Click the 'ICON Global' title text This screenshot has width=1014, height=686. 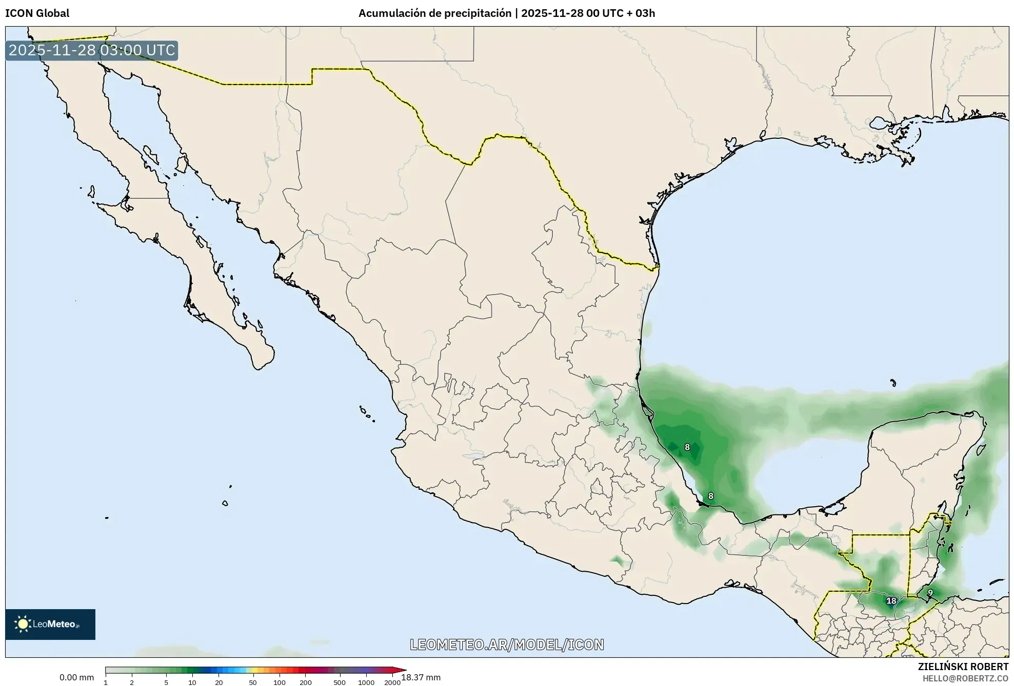tap(37, 13)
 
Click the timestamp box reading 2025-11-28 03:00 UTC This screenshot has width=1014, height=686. tap(92, 50)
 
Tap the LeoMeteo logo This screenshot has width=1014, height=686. tap(50, 624)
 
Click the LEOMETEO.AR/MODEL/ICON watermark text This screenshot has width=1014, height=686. tap(507, 645)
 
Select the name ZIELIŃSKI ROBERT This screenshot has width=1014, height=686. tap(963, 667)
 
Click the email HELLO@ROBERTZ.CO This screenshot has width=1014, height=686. tap(965, 678)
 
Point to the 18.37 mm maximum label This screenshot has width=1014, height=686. tap(421, 677)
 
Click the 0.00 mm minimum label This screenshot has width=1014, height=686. tap(76, 677)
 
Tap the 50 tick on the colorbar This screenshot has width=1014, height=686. tap(252, 682)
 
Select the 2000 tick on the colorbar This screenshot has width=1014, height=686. tap(392, 682)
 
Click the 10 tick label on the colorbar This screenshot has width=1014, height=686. tap(192, 682)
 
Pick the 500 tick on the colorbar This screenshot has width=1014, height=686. tap(339, 682)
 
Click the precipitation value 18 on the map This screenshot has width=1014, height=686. tap(891, 601)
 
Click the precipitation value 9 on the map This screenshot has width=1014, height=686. tap(930, 593)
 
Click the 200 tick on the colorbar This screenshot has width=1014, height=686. tap(305, 682)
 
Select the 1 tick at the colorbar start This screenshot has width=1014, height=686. tap(106, 682)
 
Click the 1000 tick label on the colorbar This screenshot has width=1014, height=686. tap(366, 682)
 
